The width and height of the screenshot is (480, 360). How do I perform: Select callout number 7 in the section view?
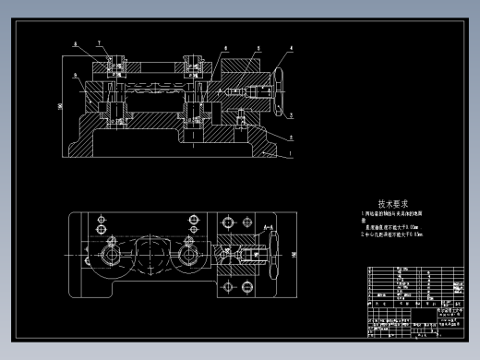(x=98, y=43)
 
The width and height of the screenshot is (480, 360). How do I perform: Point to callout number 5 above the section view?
(x=256, y=46)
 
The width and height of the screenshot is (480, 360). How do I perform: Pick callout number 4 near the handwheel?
(x=292, y=46)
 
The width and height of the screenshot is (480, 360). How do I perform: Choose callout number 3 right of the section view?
(x=291, y=114)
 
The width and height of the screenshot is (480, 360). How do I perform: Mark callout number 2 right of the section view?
(x=292, y=131)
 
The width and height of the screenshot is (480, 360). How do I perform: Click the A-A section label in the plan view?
(x=267, y=226)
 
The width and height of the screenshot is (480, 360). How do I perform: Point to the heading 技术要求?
(x=395, y=204)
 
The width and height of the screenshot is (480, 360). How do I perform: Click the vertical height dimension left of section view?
(x=60, y=106)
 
